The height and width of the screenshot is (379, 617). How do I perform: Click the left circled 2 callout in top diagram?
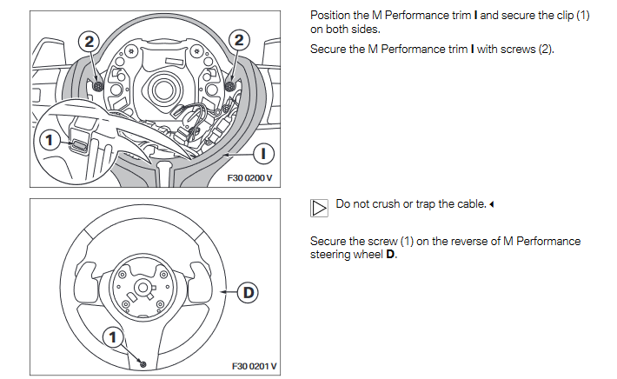[91, 40]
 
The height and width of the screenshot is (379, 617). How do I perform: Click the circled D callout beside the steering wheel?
[249, 292]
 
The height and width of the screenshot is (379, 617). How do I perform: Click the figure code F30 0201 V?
[254, 367]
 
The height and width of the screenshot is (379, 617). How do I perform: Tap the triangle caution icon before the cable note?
[319, 206]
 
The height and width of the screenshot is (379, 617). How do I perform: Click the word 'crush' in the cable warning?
[389, 204]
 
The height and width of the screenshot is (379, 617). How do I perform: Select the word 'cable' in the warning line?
[467, 204]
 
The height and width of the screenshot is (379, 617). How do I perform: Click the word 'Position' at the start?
[331, 17]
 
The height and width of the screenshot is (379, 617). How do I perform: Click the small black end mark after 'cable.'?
[492, 205]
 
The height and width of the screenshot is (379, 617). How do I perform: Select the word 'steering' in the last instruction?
[329, 254]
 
